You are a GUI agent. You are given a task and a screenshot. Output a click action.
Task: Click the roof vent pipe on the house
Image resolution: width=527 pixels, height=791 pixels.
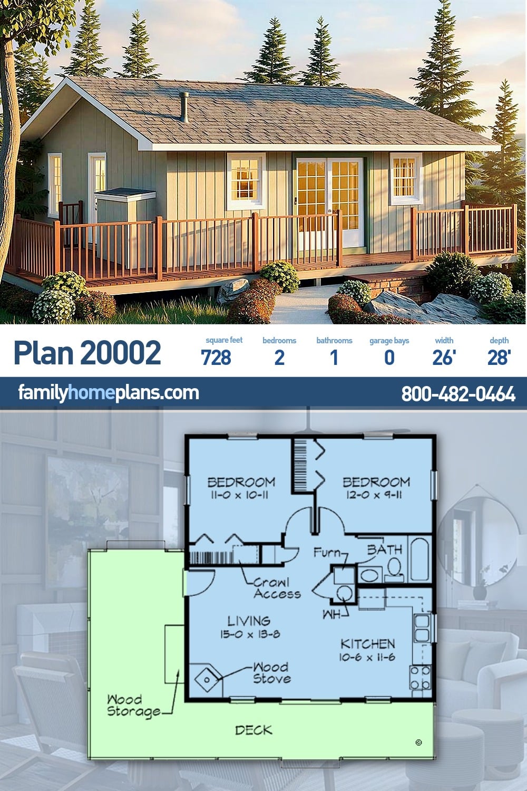[x=184, y=107]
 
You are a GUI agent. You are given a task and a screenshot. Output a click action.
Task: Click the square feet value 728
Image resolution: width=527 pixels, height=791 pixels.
[x=216, y=357]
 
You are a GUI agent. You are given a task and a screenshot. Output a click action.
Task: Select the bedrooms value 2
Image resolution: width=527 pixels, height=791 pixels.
[x=279, y=357]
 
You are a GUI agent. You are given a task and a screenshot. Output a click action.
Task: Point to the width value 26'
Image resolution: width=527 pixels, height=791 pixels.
[x=444, y=357]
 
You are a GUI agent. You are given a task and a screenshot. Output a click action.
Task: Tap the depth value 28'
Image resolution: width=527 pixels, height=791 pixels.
[x=499, y=357]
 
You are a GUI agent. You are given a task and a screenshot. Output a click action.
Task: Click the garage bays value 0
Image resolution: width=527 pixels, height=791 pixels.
[x=389, y=357]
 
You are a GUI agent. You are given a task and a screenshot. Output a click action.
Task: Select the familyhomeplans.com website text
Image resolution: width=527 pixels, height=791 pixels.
[x=109, y=393]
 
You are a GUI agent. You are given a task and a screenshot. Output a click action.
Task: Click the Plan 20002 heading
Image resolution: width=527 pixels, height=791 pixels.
[x=87, y=352]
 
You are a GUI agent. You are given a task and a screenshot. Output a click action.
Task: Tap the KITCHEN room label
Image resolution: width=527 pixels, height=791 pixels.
[x=367, y=644]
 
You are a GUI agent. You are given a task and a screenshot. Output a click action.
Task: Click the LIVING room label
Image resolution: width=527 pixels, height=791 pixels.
[x=249, y=621]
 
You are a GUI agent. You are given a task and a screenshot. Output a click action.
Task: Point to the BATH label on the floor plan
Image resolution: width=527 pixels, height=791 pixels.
[x=384, y=550]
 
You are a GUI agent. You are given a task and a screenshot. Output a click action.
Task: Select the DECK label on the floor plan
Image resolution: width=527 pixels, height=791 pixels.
[x=254, y=730]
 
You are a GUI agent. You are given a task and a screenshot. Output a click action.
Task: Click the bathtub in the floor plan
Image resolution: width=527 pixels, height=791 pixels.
[x=419, y=560]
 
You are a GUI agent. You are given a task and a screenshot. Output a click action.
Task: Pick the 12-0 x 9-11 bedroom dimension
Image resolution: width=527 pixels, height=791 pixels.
[x=374, y=495]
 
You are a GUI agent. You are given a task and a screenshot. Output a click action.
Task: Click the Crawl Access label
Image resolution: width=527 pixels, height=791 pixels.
[x=277, y=589]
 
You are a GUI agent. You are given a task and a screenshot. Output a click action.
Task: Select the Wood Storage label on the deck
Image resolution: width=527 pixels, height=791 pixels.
[x=134, y=706]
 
